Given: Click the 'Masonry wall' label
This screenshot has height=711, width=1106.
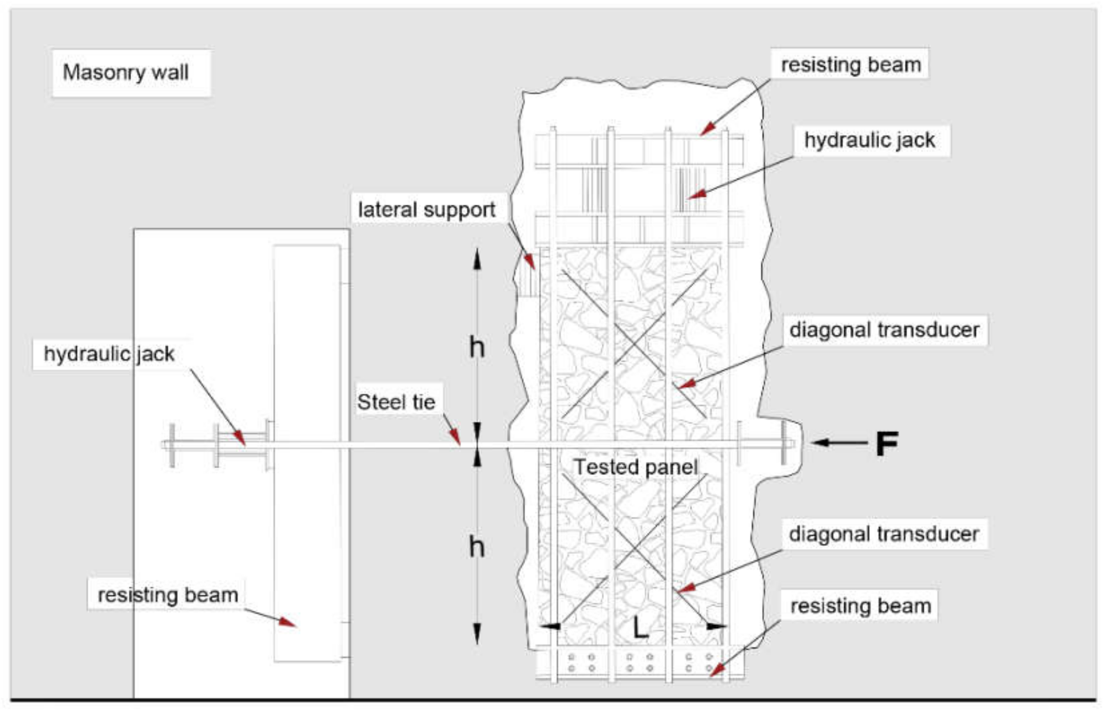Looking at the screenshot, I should pos(126,73).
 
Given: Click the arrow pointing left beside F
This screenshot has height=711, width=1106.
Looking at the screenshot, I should pos(838,443).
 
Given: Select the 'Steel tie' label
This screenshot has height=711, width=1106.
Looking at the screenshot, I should pos(396,402).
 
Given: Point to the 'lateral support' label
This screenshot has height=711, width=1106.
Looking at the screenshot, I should pos(426,210).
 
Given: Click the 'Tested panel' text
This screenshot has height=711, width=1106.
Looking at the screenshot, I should pos(635,467).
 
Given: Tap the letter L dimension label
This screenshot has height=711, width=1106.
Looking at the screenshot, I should pos(640,628).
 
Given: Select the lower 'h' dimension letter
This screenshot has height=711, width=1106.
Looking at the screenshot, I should pos(476,547).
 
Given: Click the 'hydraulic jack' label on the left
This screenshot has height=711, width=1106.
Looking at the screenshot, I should pos(109,354).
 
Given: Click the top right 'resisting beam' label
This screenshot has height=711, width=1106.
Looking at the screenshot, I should pos(851,65).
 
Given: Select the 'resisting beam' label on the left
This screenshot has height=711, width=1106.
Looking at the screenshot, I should pos(168,595).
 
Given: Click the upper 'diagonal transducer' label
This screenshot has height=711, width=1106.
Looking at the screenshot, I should pos(884,330).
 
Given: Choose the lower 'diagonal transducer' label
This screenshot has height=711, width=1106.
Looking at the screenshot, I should pos(883,534).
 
